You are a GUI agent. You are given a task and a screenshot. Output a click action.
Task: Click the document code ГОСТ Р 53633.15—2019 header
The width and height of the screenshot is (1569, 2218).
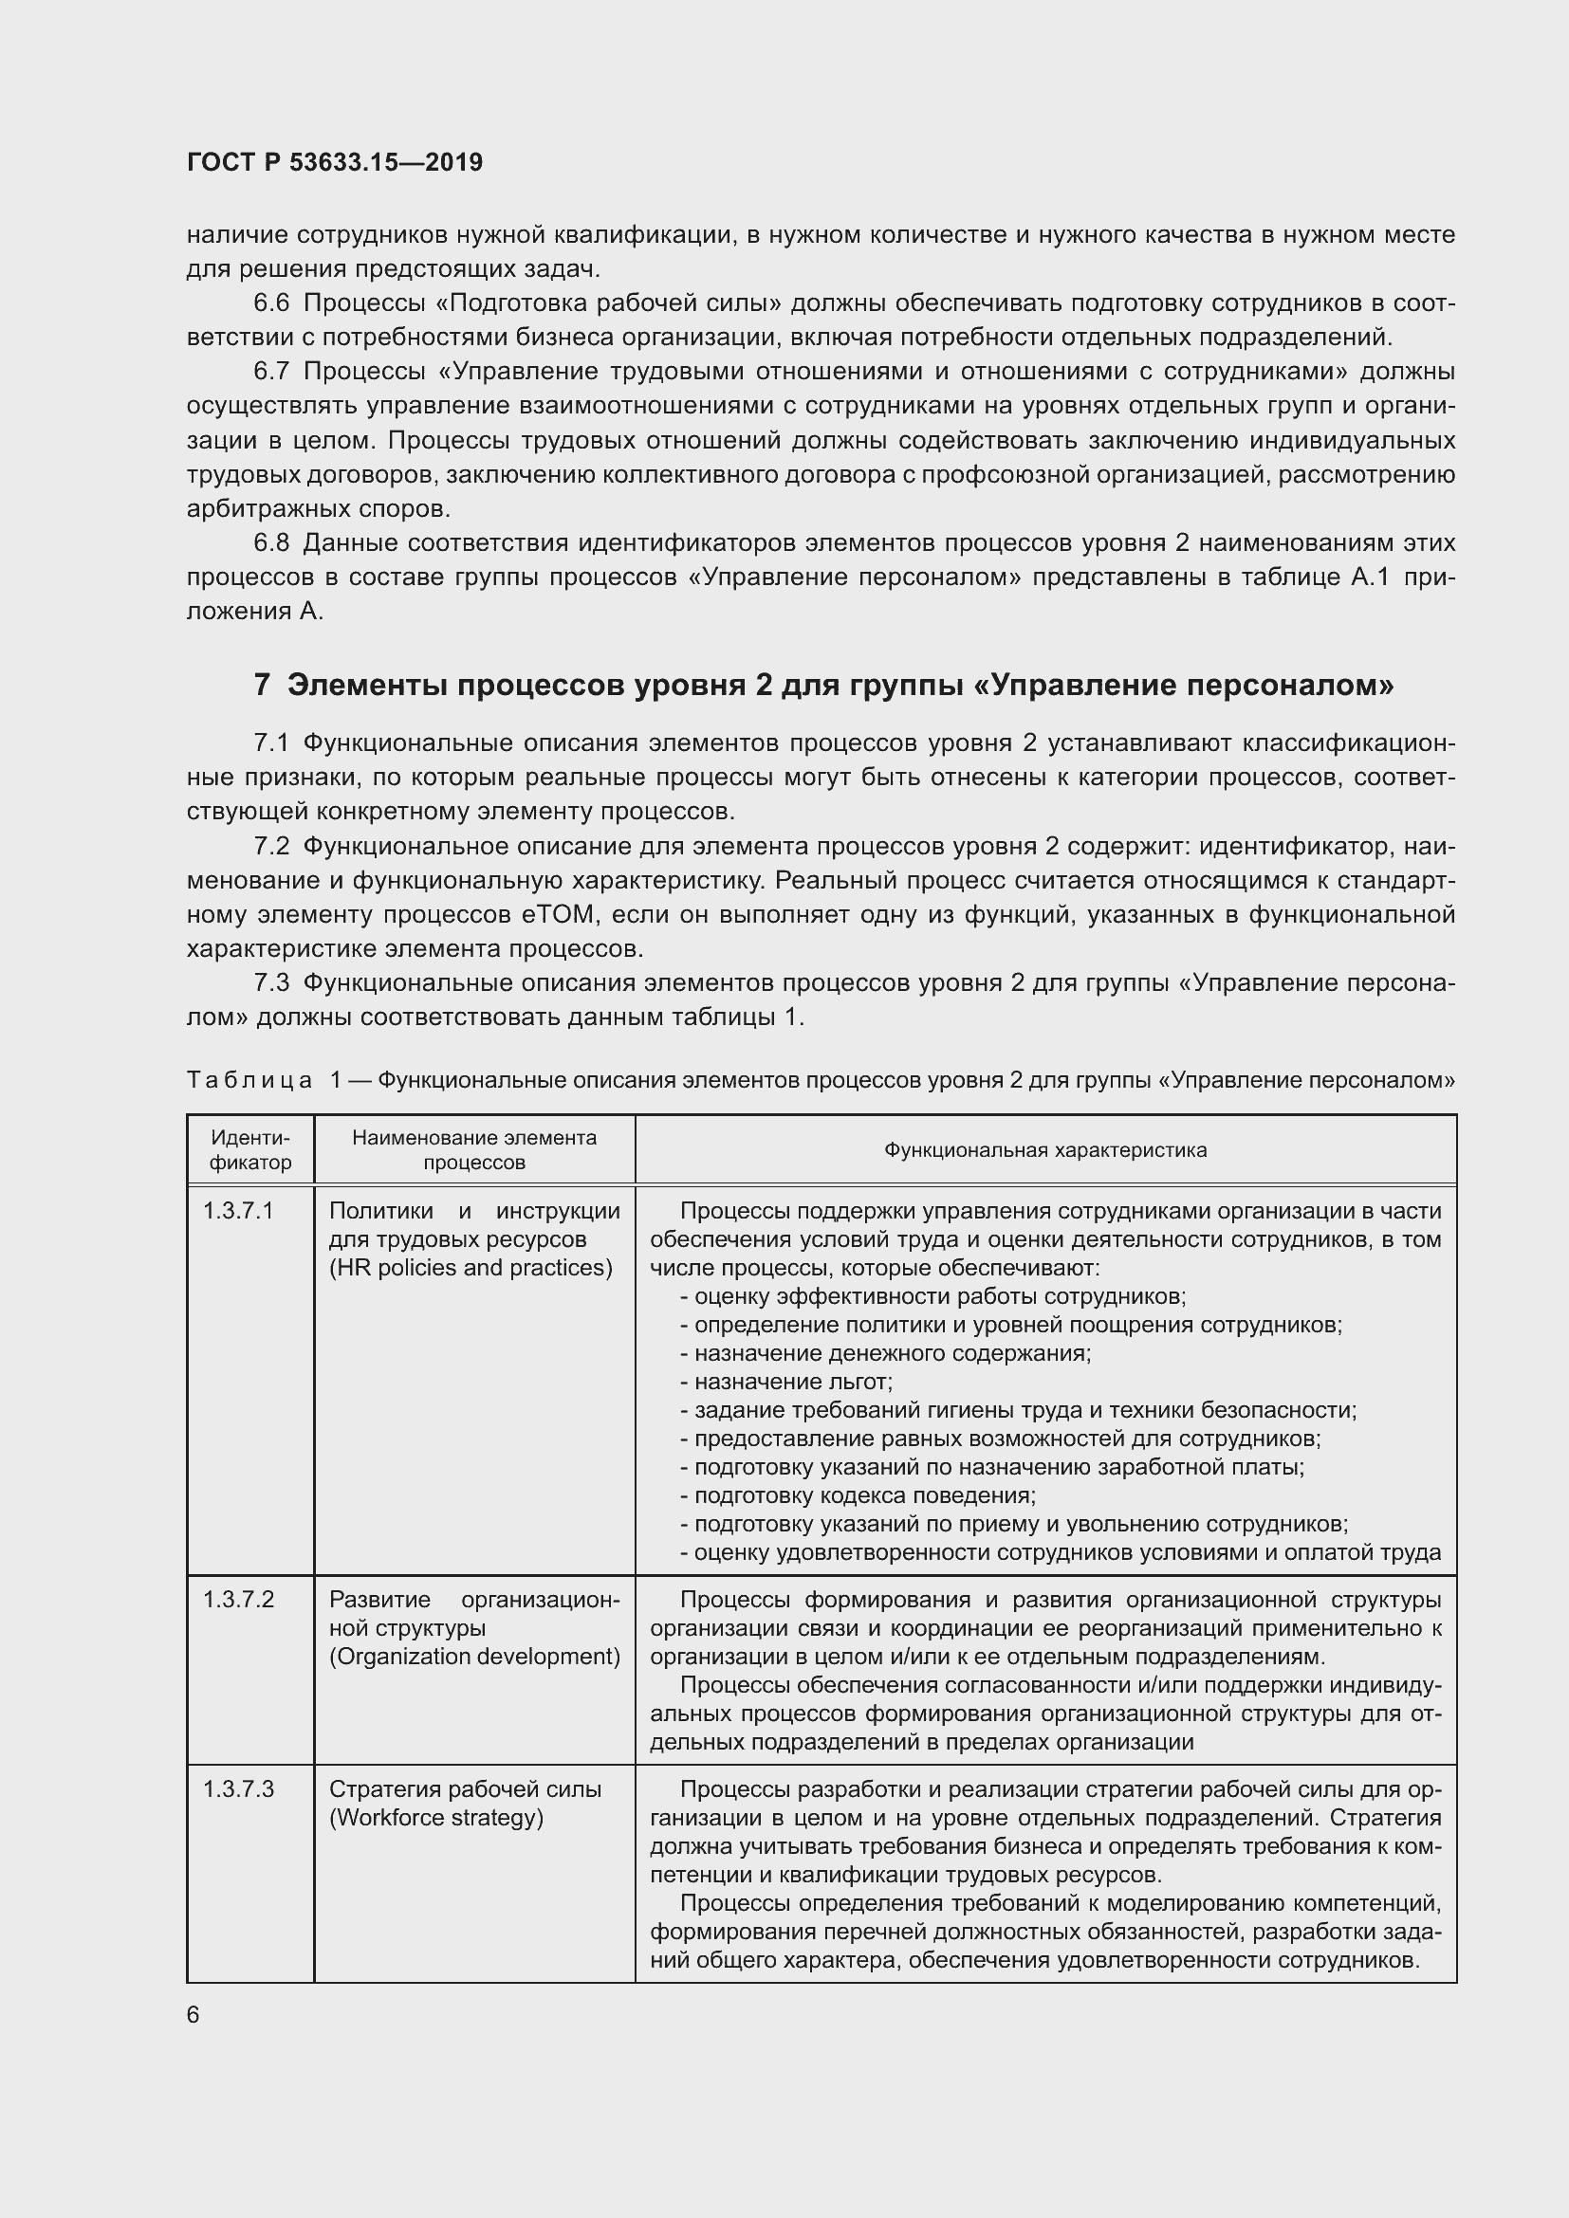tap(334, 162)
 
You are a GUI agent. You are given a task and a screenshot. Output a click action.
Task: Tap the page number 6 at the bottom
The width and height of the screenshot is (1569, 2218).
tap(194, 2014)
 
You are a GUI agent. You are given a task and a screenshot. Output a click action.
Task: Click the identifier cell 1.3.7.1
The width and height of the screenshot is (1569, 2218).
tap(238, 1210)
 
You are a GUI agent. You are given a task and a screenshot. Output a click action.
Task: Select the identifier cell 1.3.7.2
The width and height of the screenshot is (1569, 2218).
tap(238, 1600)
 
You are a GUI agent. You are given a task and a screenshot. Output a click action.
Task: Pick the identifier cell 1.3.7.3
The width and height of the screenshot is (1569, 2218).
tap(238, 1789)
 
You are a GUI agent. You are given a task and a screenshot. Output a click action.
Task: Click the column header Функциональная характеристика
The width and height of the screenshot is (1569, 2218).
tap(1045, 1149)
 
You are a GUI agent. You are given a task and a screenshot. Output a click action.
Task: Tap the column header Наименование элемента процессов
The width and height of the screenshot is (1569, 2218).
tap(473, 1149)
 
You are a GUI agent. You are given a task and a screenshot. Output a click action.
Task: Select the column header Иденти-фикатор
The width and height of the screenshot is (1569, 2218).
tap(250, 1149)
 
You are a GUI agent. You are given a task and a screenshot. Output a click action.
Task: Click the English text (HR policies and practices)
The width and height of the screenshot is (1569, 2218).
tap(471, 1268)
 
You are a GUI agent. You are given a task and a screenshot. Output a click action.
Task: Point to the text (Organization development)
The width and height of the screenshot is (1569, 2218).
tap(474, 1656)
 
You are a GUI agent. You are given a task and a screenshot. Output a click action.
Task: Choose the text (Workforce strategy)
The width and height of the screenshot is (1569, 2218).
tap(436, 1817)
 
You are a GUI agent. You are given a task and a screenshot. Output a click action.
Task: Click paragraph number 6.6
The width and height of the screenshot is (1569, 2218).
tap(271, 303)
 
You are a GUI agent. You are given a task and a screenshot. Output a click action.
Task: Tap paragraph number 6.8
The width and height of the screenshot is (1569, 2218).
tap(271, 543)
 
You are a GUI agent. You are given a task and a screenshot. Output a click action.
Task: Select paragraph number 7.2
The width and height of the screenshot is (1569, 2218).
tap(271, 846)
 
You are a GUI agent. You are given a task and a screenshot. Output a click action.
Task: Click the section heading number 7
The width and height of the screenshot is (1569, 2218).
tap(262, 685)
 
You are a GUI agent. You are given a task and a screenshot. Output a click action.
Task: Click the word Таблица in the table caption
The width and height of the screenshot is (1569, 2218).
tap(249, 1080)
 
